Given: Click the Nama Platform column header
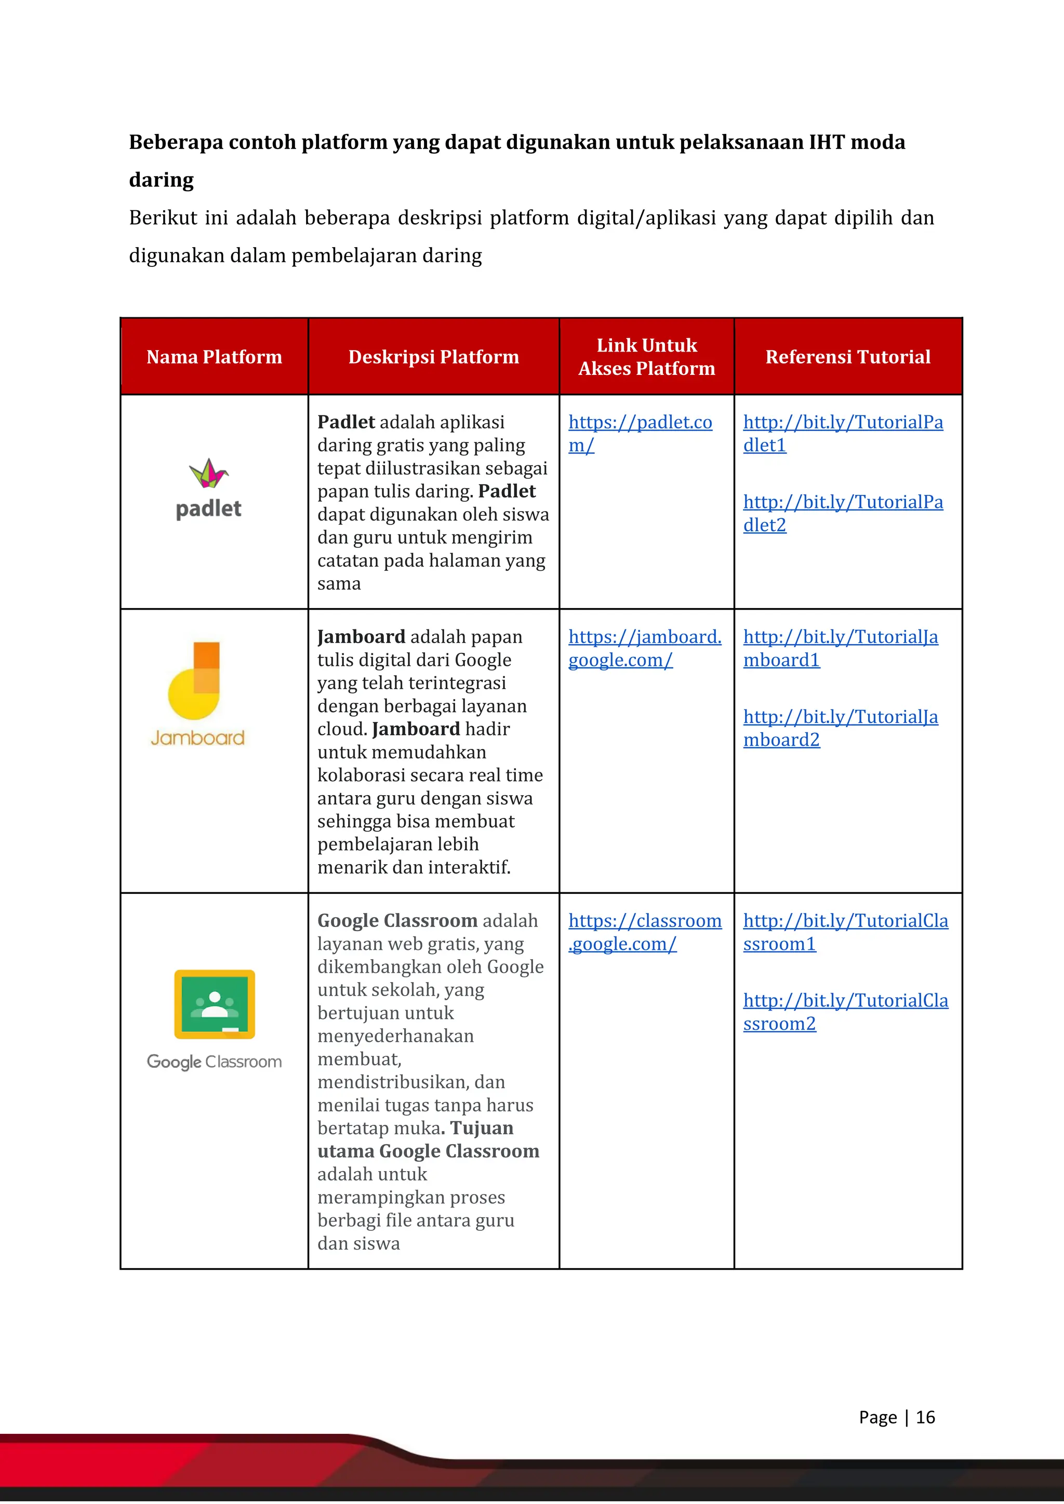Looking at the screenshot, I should pyautogui.click(x=214, y=357).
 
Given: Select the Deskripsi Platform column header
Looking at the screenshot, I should pyautogui.click(x=433, y=357).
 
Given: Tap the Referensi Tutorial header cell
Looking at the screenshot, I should pyautogui.click(x=848, y=357).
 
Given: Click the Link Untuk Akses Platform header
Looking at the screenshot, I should pyautogui.click(x=647, y=357).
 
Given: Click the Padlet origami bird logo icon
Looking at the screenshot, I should pyautogui.click(x=208, y=473).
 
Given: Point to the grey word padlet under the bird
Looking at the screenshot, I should pyautogui.click(x=208, y=509).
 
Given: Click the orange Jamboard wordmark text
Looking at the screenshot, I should pyautogui.click(x=198, y=738).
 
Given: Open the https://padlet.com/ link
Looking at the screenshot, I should pyautogui.click(x=640, y=423).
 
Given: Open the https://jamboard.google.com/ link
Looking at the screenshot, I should pyautogui.click(x=644, y=637).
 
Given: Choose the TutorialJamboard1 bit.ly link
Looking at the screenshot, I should pyautogui.click(x=840, y=637).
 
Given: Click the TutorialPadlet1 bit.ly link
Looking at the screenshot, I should pyautogui.click(x=843, y=423).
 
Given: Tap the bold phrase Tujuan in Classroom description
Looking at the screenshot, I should pyautogui.click(x=482, y=1128).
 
